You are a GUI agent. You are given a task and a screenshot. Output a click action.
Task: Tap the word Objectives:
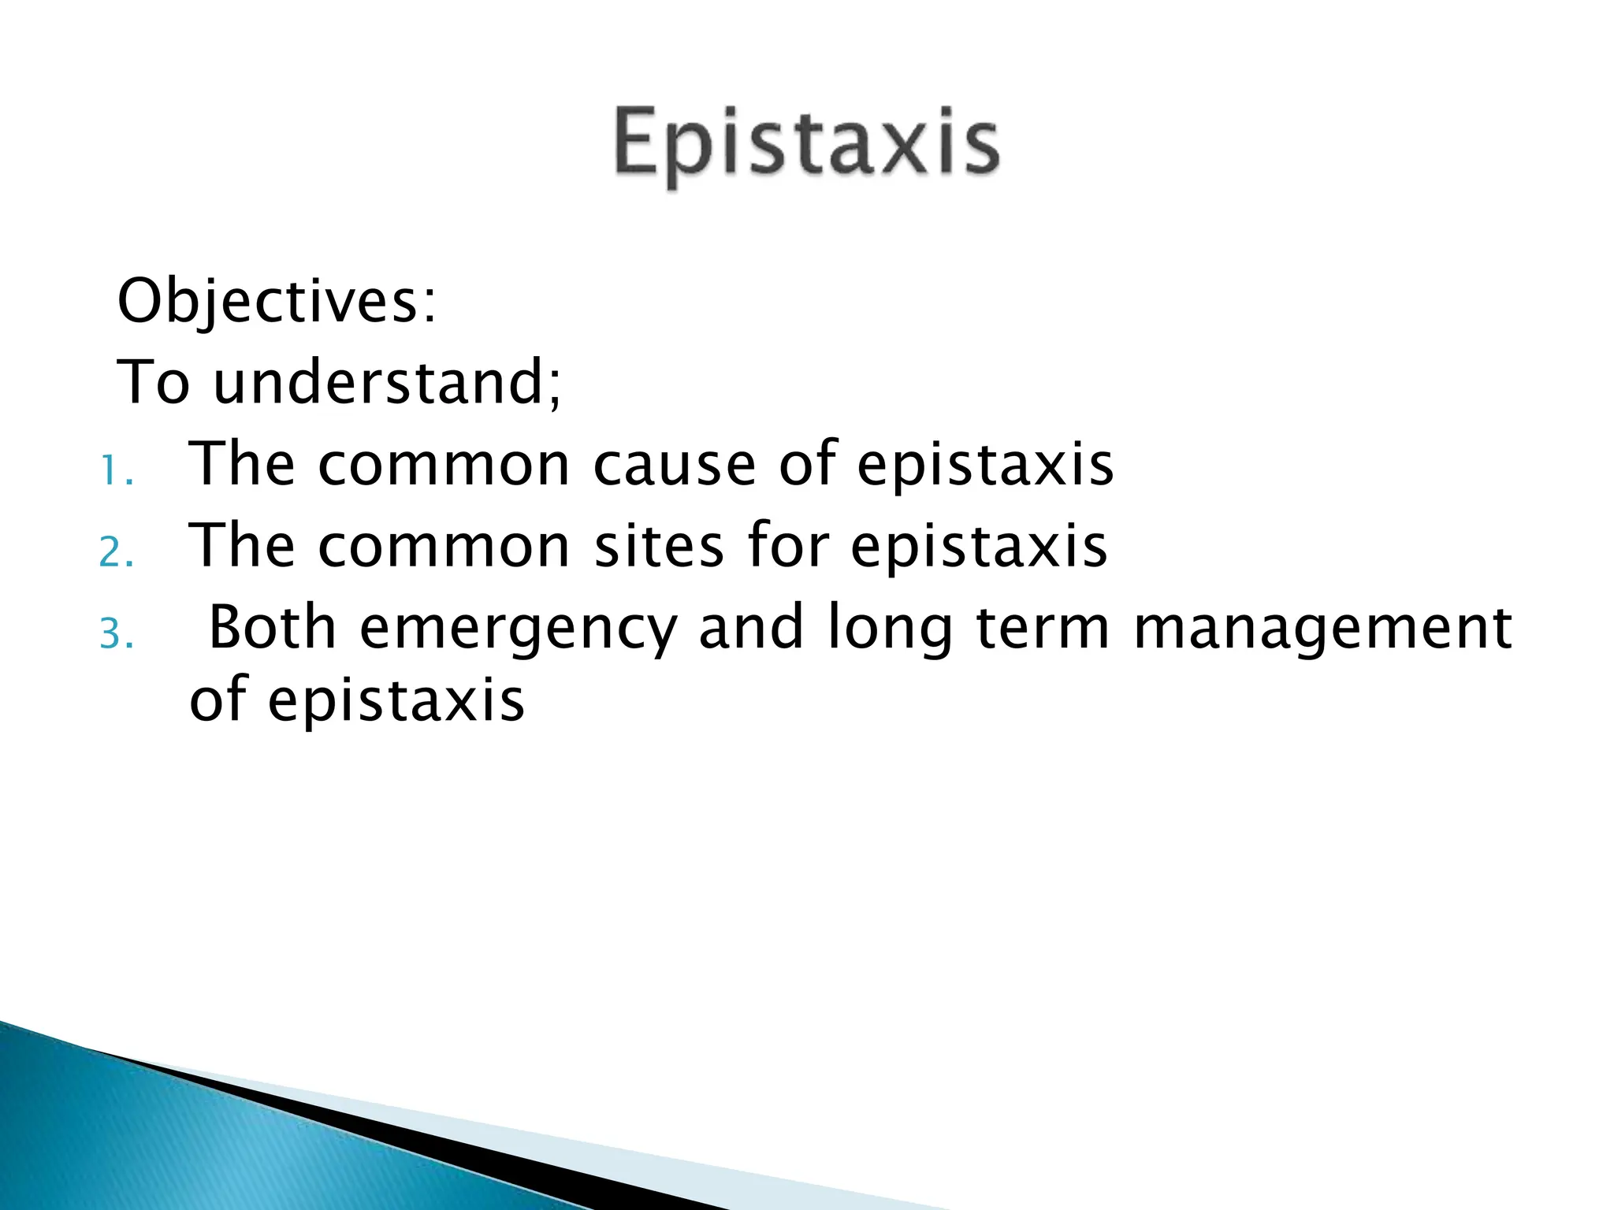(x=277, y=302)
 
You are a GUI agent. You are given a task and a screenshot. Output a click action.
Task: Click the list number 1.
(x=116, y=472)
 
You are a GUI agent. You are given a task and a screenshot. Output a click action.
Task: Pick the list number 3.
(x=116, y=634)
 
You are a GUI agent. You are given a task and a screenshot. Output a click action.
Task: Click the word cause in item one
(x=675, y=465)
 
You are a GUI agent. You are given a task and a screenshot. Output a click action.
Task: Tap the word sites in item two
(x=659, y=545)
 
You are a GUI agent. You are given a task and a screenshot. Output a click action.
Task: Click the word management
(x=1322, y=629)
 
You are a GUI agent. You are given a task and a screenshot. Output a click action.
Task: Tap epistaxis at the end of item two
(x=979, y=547)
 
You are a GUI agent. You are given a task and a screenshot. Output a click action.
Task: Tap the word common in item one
(x=444, y=465)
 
